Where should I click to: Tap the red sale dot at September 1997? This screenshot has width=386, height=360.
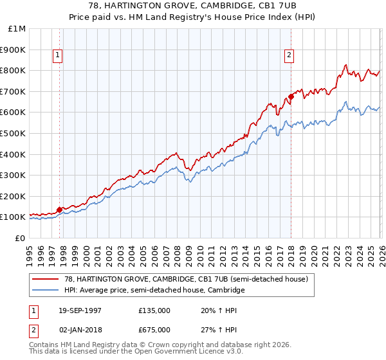click(x=60, y=210)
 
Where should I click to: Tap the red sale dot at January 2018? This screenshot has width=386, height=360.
click(x=291, y=96)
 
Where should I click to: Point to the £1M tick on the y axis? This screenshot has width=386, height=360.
click(x=18, y=28)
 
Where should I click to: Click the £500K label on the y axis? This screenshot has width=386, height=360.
click(x=14, y=133)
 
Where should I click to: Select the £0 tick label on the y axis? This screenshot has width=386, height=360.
click(x=20, y=238)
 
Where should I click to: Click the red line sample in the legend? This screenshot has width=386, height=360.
click(x=46, y=280)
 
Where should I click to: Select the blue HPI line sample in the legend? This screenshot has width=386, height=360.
click(x=46, y=291)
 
